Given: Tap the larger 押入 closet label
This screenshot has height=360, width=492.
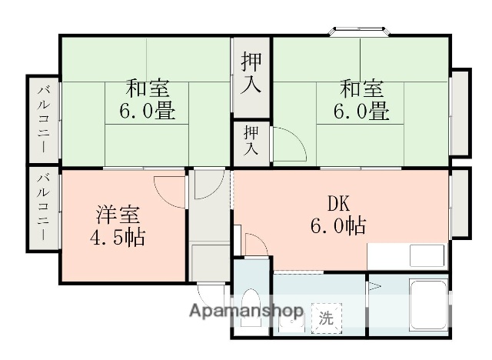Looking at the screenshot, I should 251,72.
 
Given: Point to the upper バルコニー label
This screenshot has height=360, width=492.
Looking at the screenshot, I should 44,119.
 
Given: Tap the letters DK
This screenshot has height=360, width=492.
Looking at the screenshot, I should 339,204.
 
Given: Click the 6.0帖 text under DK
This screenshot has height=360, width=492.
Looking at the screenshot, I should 338,226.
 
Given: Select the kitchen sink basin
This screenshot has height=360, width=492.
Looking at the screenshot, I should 427,255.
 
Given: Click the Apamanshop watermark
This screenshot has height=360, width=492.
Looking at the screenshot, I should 247,312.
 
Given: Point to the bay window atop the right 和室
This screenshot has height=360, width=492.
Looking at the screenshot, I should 361,32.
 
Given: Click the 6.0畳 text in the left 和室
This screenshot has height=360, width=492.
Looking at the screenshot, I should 146,112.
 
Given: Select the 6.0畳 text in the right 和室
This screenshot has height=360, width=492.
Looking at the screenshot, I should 358,112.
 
